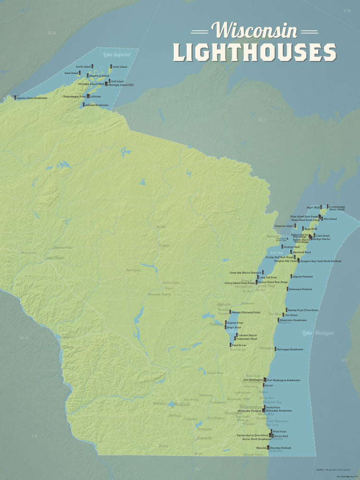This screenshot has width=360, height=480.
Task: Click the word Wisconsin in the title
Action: (256, 30)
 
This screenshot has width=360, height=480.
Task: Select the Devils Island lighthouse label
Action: (83, 66)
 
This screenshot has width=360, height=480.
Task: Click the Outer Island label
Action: (120, 66)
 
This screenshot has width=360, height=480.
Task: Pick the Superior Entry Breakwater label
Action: (32, 98)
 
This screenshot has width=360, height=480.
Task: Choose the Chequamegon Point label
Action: (73, 96)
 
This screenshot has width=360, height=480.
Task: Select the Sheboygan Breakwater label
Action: (290, 349)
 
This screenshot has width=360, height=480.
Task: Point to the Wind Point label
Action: (280, 432)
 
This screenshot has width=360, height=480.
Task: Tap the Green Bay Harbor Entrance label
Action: (245, 272)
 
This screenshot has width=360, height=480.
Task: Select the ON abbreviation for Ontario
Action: (348, 10)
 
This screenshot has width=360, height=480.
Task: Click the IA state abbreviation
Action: (34, 436)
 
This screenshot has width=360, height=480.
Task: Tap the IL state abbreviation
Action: (197, 468)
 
